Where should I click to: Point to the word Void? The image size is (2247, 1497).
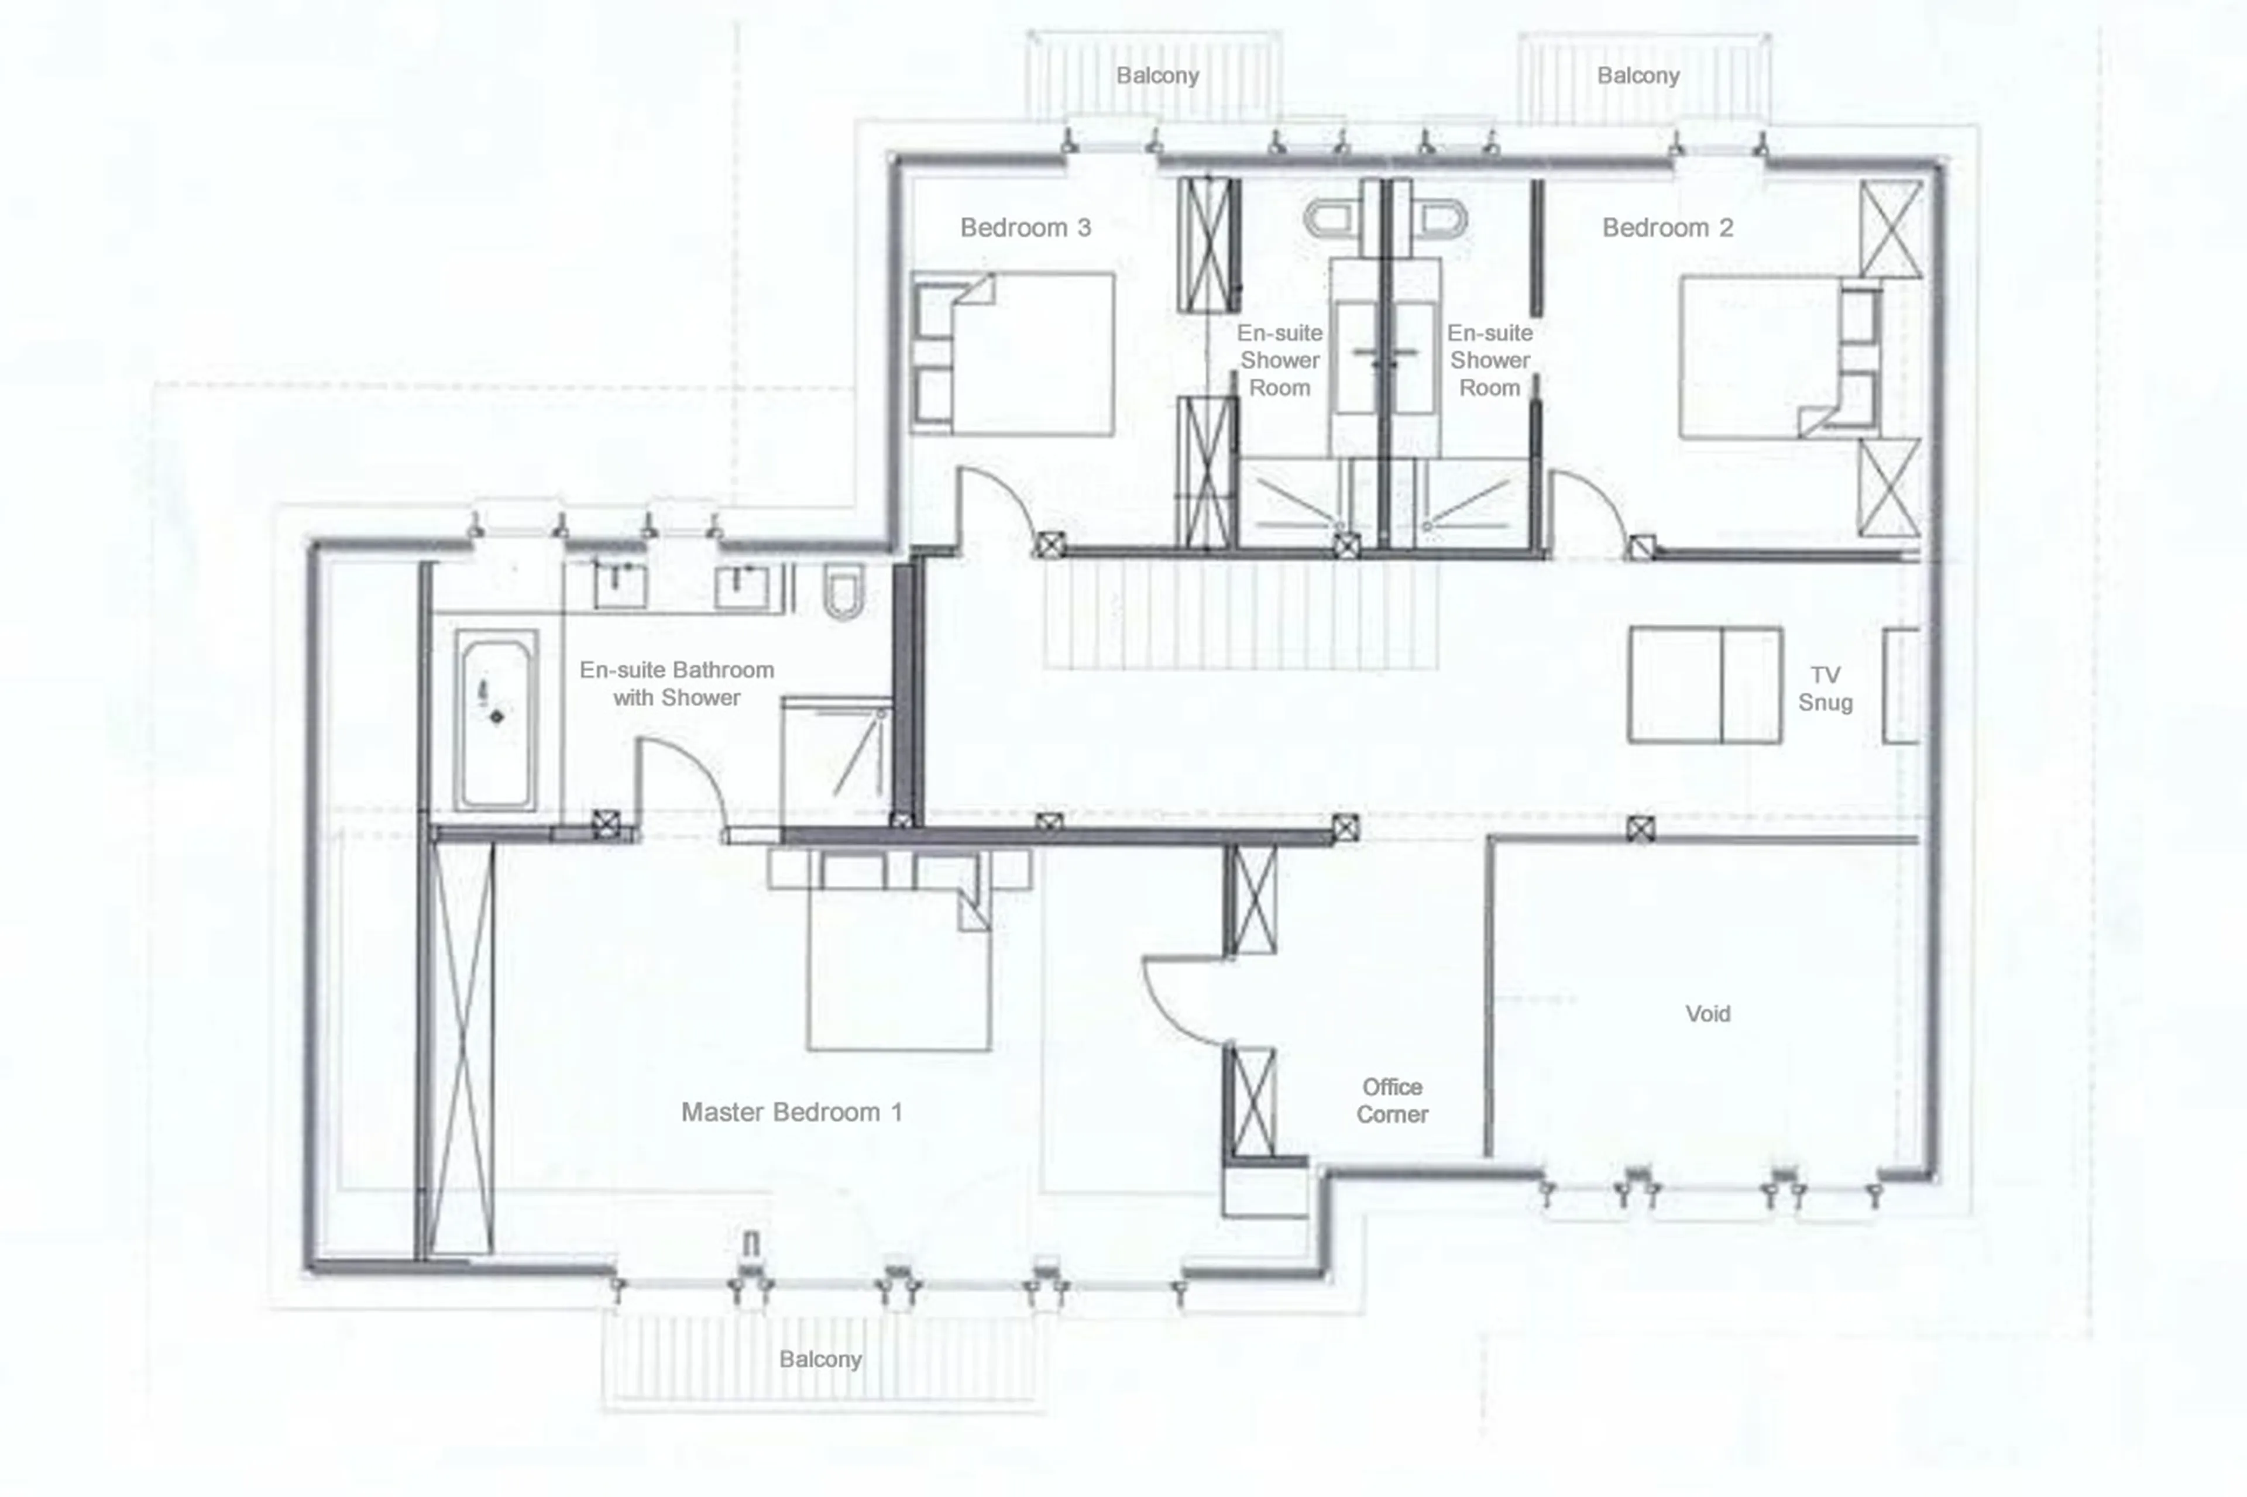click(x=1707, y=1014)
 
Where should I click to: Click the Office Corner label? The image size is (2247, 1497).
click(x=1392, y=1101)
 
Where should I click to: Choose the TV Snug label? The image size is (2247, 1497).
click(x=1825, y=689)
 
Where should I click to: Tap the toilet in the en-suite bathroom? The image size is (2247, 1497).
click(x=843, y=590)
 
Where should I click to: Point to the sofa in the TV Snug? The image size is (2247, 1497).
click(x=1705, y=684)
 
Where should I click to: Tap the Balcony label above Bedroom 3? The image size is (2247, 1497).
click(x=1157, y=75)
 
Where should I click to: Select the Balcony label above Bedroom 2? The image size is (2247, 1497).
click(x=1638, y=75)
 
